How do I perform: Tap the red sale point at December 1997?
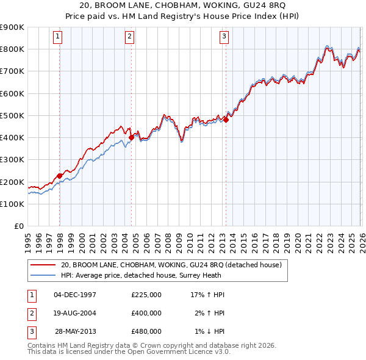click(60, 176)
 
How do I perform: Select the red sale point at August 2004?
click(131, 137)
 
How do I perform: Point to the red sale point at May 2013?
click(226, 120)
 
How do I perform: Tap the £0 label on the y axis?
click(18, 226)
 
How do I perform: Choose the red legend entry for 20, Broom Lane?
click(171, 265)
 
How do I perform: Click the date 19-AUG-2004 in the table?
click(75, 313)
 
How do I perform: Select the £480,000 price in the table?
click(146, 331)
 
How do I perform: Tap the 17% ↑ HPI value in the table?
click(207, 295)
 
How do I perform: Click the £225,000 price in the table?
click(146, 295)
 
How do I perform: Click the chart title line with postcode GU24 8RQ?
click(182, 6)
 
